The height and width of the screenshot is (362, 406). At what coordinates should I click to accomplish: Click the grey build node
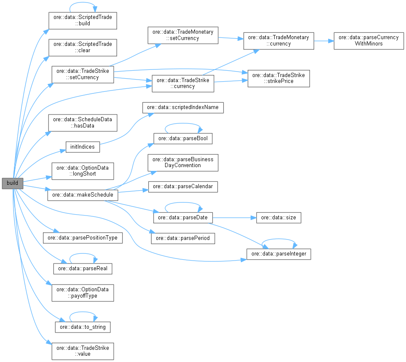(x=12, y=184)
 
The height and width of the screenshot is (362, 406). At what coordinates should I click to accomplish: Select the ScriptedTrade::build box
(x=83, y=20)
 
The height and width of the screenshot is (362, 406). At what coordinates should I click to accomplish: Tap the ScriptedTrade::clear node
(x=83, y=47)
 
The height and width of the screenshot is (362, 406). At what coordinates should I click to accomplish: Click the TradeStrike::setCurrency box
(x=83, y=74)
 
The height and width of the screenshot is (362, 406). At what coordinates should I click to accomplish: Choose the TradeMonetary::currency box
(x=278, y=40)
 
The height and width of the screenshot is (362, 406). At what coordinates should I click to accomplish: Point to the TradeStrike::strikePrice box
(x=278, y=78)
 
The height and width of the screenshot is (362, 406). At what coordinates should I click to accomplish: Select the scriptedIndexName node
(x=183, y=107)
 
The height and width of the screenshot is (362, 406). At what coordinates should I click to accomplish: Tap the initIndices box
(x=83, y=147)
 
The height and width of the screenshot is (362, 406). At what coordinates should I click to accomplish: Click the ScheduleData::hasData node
(x=83, y=122)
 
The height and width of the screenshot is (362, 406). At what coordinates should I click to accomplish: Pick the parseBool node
(x=182, y=138)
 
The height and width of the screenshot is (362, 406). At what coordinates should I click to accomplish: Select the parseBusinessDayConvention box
(x=182, y=162)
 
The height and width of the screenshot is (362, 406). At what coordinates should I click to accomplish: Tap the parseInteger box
(x=278, y=254)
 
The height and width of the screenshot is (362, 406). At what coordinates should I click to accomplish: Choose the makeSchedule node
(x=83, y=196)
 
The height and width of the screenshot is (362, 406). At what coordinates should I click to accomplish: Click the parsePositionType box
(x=83, y=238)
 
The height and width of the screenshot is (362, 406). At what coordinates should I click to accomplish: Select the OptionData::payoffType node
(x=83, y=293)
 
